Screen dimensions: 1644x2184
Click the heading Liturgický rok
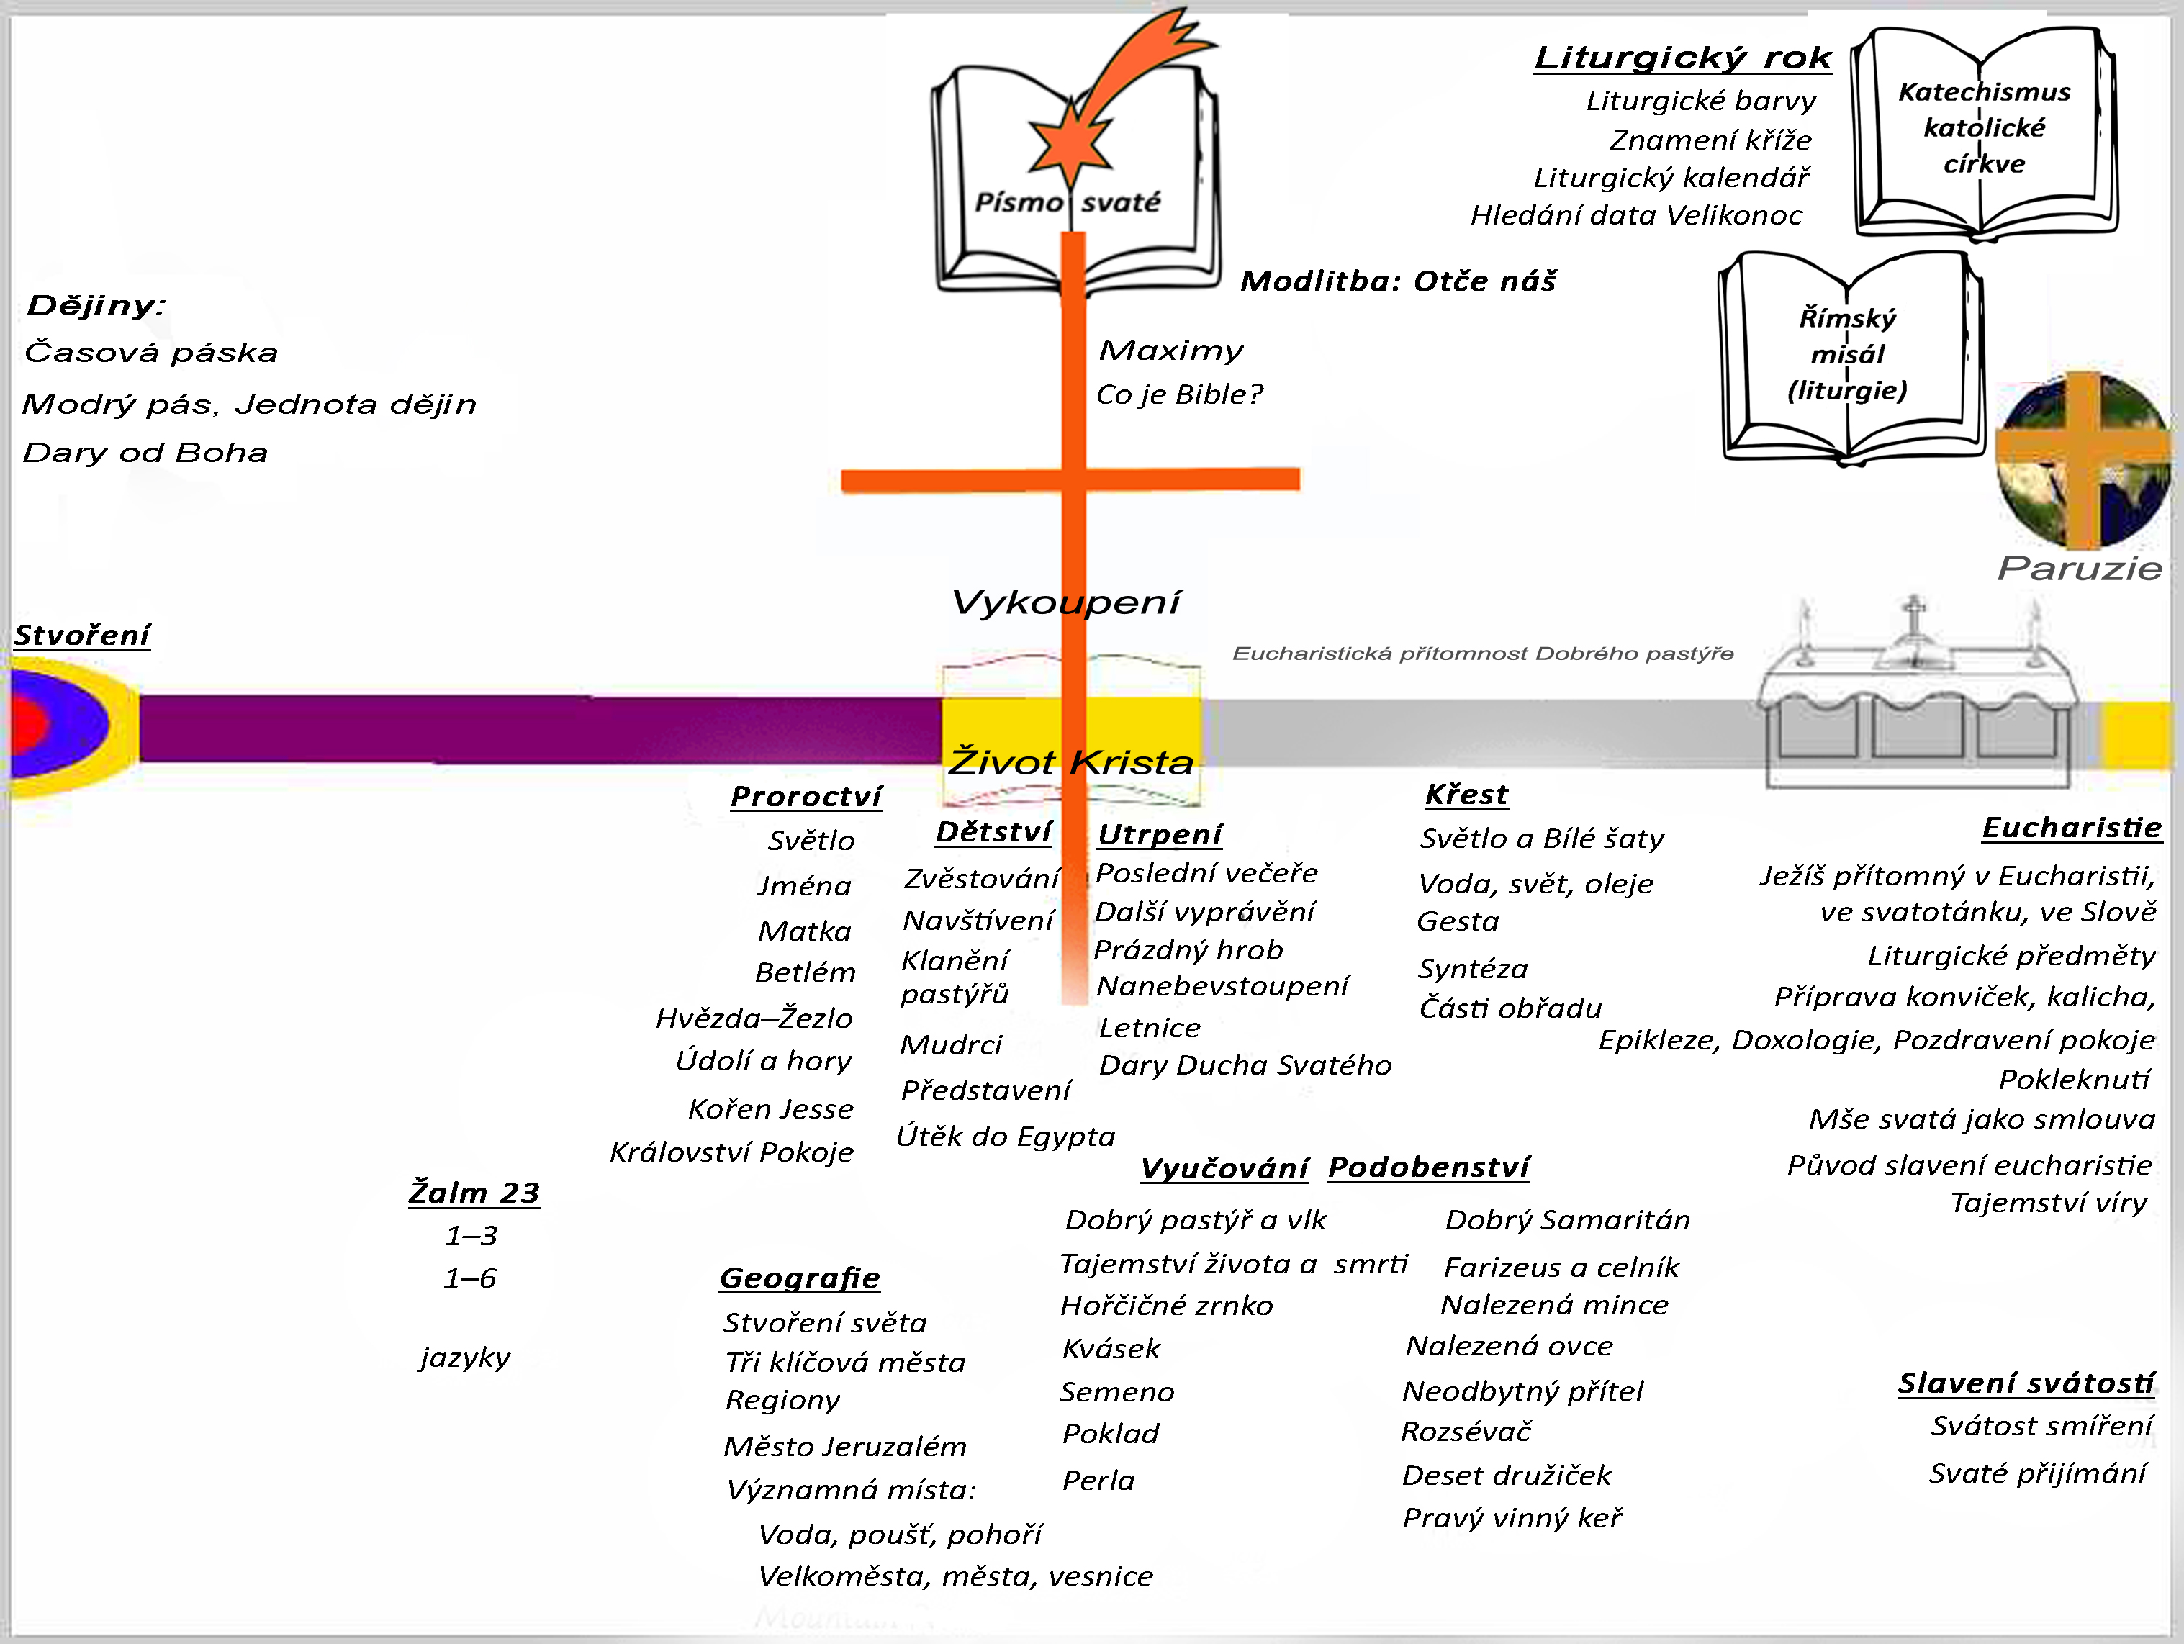1682,58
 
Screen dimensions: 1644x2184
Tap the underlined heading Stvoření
82,635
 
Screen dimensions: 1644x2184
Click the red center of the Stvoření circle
30,724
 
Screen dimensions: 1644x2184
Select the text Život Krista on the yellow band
1071,762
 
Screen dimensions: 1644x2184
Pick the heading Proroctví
806,796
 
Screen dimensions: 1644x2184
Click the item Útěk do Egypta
1005,1137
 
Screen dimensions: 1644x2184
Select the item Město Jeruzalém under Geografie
845,1447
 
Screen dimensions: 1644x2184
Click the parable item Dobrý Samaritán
1568,1221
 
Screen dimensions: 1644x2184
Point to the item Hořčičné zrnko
1166,1306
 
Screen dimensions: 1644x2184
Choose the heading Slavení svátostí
2026,1383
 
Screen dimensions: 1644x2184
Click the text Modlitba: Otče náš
1398,281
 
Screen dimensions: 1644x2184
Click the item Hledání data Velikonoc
1636,215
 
